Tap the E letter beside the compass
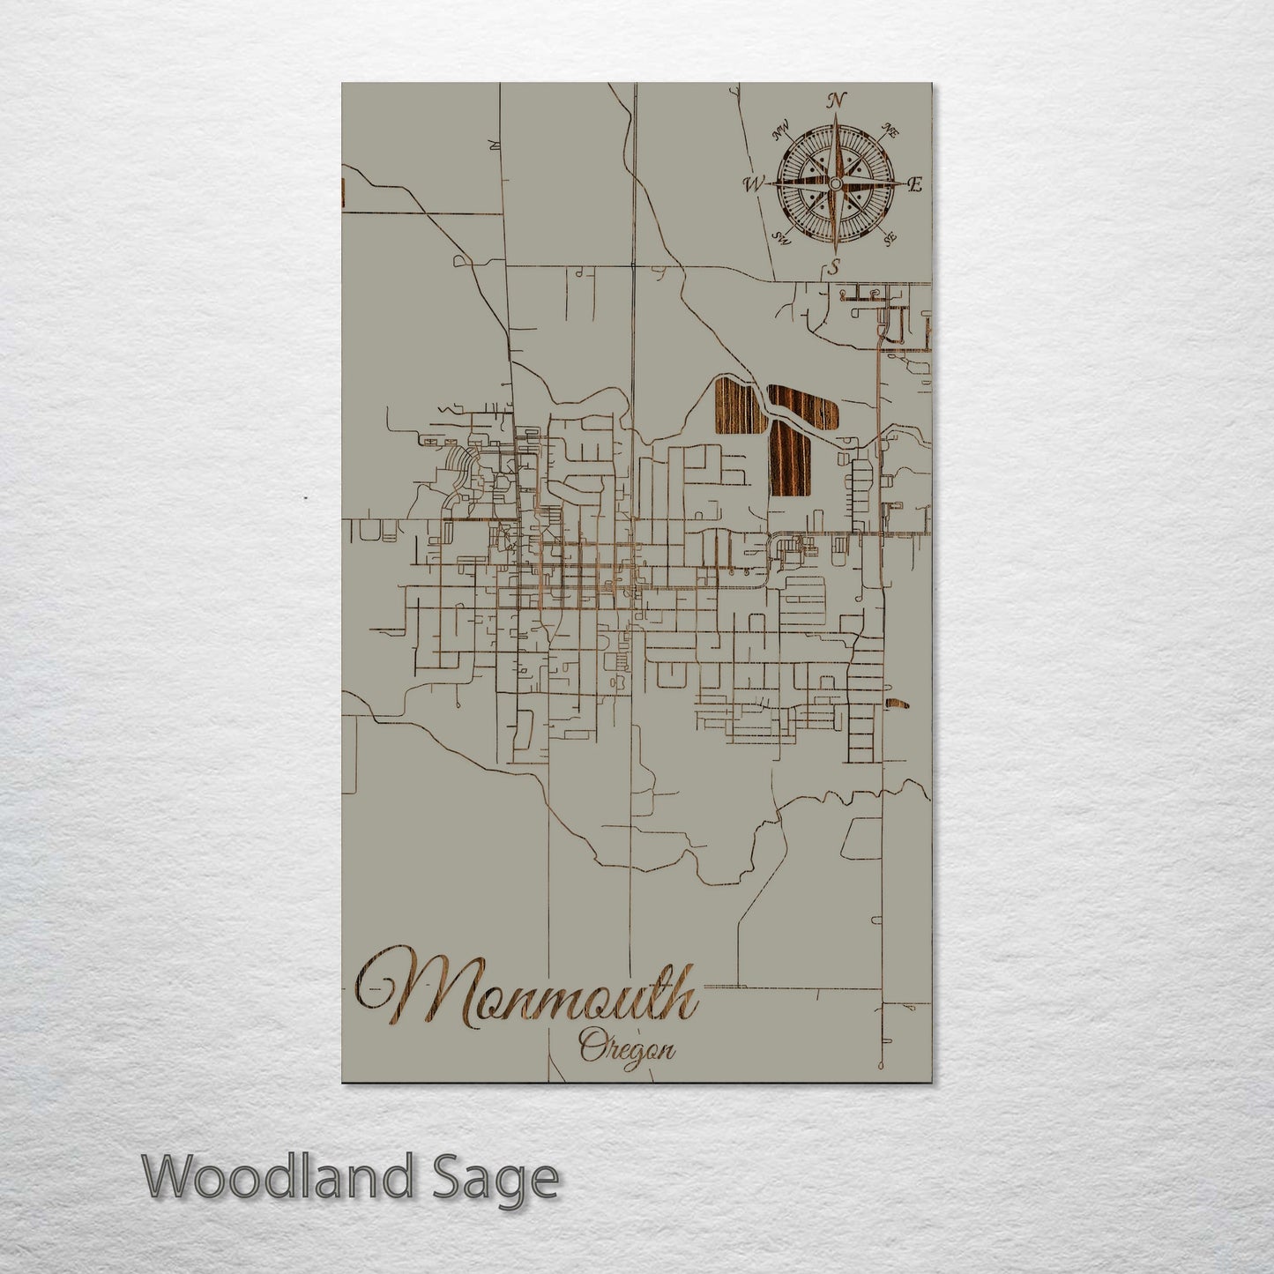(x=914, y=184)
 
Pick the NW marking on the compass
(x=779, y=134)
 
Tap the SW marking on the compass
(x=780, y=236)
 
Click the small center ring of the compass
(x=834, y=183)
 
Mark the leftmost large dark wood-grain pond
(x=736, y=406)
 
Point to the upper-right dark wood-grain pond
(x=802, y=405)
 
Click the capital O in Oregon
(x=589, y=1048)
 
